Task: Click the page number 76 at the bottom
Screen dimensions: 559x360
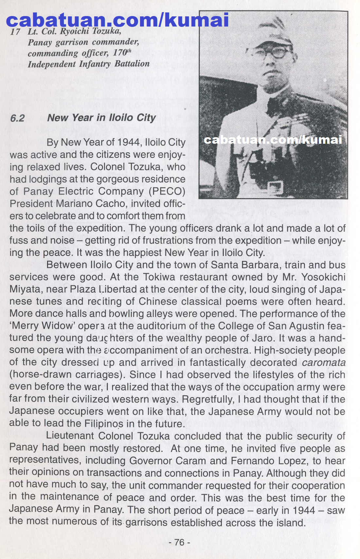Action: (x=179, y=542)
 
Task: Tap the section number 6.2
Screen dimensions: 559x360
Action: (x=17, y=118)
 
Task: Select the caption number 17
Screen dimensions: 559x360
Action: (x=15, y=32)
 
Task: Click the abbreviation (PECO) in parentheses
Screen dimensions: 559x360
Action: (x=167, y=191)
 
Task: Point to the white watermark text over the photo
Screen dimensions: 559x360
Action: (x=273, y=140)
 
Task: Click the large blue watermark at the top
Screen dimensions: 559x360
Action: (x=117, y=20)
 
